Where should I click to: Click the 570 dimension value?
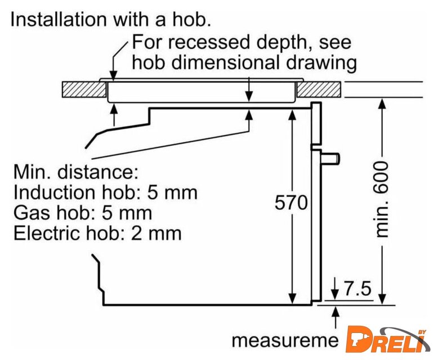[292, 203]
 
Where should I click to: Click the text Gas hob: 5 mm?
[83, 213]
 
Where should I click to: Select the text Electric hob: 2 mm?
[97, 233]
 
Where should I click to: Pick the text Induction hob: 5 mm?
[105, 193]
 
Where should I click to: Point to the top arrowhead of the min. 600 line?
[382, 103]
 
